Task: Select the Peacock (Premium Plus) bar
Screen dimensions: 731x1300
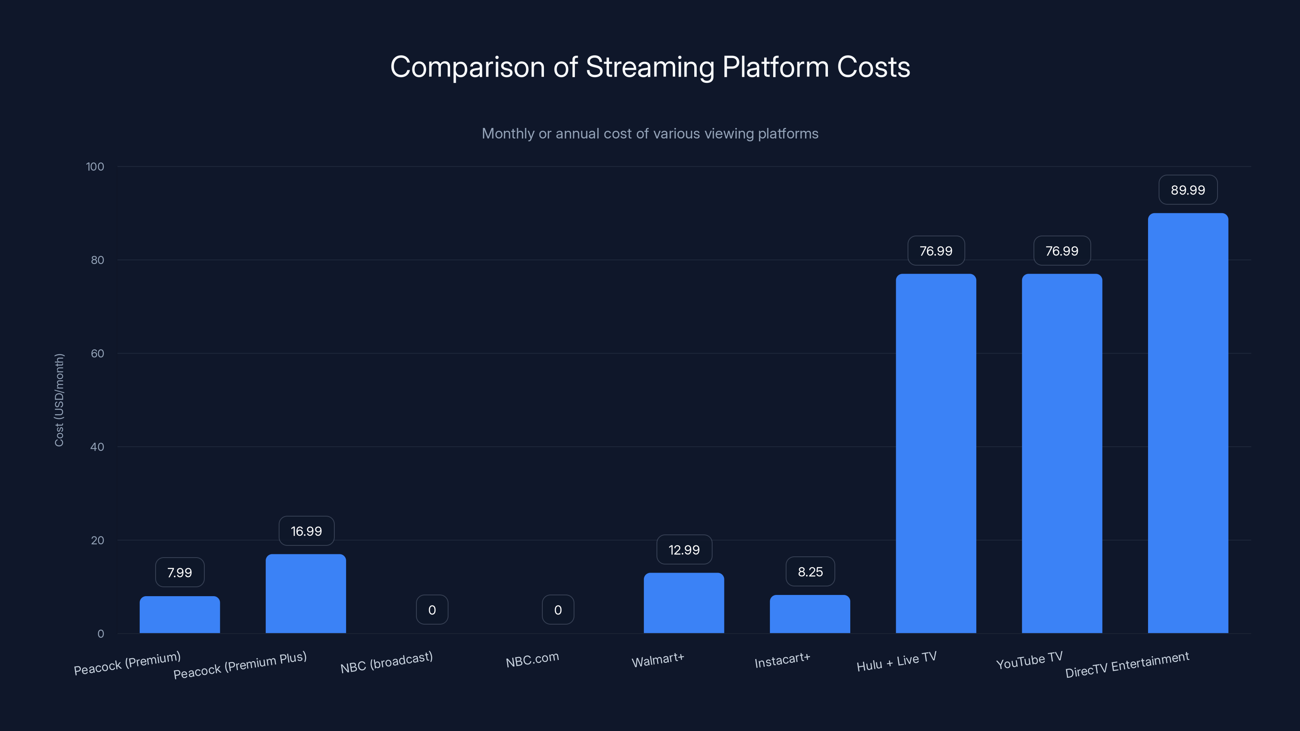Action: pyautogui.click(x=306, y=594)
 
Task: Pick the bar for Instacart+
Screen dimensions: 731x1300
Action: pyautogui.click(x=810, y=614)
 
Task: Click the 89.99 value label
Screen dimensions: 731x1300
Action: pyautogui.click(x=1188, y=190)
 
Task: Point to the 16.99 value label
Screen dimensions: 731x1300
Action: pyautogui.click(x=306, y=531)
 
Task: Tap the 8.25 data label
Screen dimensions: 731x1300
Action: pyautogui.click(x=810, y=571)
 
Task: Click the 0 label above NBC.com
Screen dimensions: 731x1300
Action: pyautogui.click(x=558, y=610)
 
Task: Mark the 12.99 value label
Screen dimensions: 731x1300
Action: pyautogui.click(x=684, y=549)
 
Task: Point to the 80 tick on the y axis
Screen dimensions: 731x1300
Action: pyautogui.click(x=97, y=260)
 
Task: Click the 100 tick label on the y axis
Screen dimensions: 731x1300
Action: pyautogui.click(x=95, y=167)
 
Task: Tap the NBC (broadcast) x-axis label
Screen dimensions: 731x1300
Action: pyautogui.click(x=387, y=662)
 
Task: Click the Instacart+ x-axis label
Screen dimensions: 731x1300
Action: pyautogui.click(x=782, y=660)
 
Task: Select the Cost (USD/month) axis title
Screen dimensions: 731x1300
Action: pyautogui.click(x=59, y=400)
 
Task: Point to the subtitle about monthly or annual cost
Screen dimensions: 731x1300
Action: pyautogui.click(x=650, y=133)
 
